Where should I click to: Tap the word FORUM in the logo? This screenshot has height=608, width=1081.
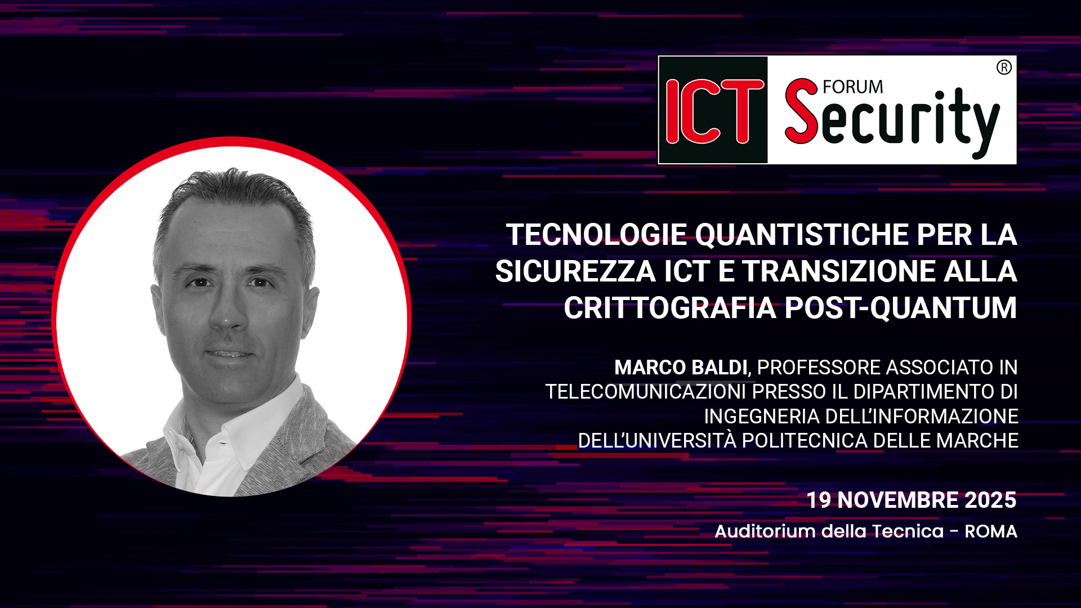pos(852,87)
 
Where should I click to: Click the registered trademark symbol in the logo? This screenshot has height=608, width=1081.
pos(1004,68)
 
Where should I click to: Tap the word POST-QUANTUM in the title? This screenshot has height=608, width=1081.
pos(900,309)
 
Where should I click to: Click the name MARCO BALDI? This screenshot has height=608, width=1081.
pos(681,368)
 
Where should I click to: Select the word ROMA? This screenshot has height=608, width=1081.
pos(990,531)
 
